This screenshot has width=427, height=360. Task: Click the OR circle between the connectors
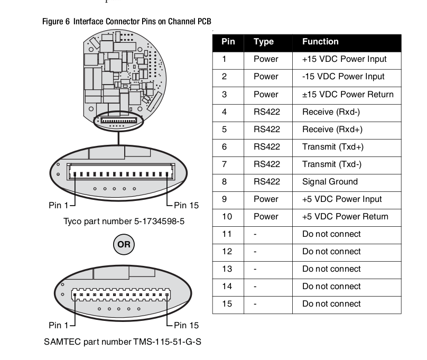click(123, 244)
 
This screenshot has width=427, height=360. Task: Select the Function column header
click(320, 42)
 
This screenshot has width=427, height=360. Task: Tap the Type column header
click(263, 42)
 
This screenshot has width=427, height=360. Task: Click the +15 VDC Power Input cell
click(344, 59)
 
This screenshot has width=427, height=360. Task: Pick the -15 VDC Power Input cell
click(343, 77)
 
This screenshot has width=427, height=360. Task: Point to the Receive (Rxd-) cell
click(331, 112)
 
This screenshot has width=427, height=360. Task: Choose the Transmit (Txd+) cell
click(332, 146)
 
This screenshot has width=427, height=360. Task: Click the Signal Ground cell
click(330, 181)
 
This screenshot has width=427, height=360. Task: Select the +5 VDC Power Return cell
click(345, 216)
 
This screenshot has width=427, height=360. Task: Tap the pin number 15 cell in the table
click(227, 304)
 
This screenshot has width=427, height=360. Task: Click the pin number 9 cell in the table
click(225, 199)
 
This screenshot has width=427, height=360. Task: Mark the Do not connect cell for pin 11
click(331, 234)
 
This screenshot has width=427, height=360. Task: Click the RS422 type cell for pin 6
click(266, 146)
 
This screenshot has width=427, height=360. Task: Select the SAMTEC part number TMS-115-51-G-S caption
click(122, 341)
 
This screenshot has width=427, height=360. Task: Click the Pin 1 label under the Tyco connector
click(59, 205)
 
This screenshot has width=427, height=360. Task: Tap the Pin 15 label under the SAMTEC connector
click(186, 325)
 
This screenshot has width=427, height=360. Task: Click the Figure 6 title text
click(127, 22)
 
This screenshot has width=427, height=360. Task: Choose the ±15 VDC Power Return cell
click(348, 94)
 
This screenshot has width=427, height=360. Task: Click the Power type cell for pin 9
click(265, 199)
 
